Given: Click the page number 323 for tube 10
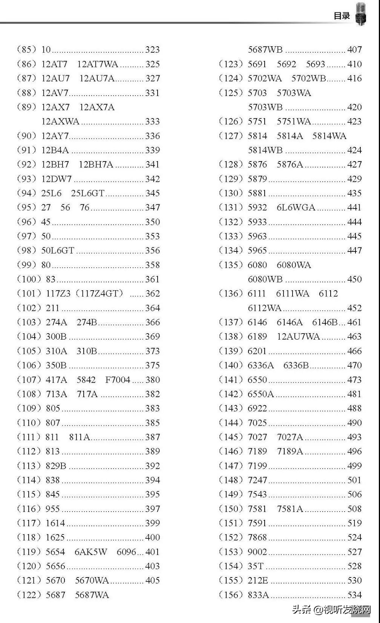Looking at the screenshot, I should pos(152,50).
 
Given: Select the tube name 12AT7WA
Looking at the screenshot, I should pos(98,64).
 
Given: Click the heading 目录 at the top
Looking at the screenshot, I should pos(342,16).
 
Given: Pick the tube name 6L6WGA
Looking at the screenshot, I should pos(296,207).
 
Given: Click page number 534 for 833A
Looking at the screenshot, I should pos(354,595).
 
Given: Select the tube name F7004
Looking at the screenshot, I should pos(118,379).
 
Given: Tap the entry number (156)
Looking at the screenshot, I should pos(231,595).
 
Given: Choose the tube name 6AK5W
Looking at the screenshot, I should pos(91,552).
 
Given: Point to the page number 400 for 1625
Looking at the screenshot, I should pos(152,537).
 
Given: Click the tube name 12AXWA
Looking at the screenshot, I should pos(60,121).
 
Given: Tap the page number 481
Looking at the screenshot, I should pos(354,394).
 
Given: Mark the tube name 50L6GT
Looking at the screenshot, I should pos(58,250).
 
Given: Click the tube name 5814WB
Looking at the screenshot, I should pos(265,150).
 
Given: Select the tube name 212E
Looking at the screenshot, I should pos(258,580).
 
